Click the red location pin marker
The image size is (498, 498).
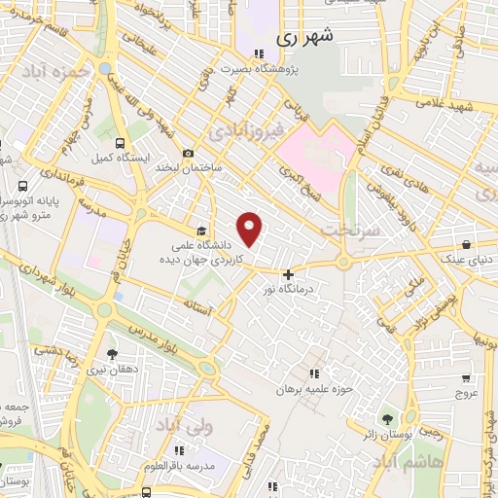coord(251,229)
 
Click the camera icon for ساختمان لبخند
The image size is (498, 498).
coord(188,153)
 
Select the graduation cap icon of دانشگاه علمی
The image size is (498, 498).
coord(201,231)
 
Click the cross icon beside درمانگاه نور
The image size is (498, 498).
coord(288,274)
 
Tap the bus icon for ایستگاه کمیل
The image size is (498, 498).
coord(119,141)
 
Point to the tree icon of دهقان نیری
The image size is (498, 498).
coord(112,354)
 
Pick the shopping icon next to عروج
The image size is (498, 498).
coord(466,378)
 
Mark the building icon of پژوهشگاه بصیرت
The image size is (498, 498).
coord(258,54)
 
